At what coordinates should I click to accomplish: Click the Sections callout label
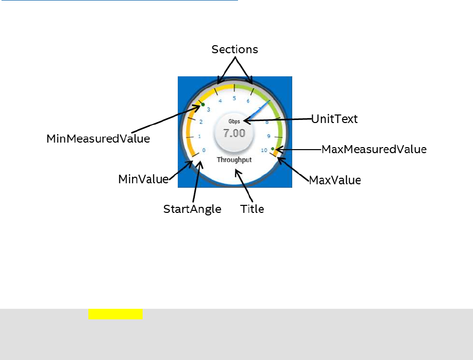click(234, 49)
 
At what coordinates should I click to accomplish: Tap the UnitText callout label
click(334, 119)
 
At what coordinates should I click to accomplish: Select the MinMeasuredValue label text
click(98, 139)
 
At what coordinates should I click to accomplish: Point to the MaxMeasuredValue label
click(374, 149)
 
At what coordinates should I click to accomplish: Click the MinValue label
click(143, 179)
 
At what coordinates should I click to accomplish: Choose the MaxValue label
click(334, 180)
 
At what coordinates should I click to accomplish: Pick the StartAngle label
click(192, 209)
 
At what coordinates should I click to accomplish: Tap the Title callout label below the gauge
click(252, 209)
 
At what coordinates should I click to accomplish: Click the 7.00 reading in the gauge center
click(234, 134)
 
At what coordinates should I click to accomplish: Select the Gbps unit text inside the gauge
click(234, 122)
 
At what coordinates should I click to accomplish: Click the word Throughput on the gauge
click(234, 160)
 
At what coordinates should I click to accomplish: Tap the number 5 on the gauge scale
click(234, 98)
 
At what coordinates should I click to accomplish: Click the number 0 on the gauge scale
click(204, 150)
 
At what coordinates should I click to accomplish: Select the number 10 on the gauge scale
click(264, 150)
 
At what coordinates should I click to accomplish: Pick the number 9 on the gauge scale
click(268, 136)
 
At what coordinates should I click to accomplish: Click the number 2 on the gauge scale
click(201, 122)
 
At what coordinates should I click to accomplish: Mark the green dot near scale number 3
click(203, 104)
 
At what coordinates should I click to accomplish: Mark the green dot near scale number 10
click(272, 149)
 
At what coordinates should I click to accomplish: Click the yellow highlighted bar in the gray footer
click(115, 314)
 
